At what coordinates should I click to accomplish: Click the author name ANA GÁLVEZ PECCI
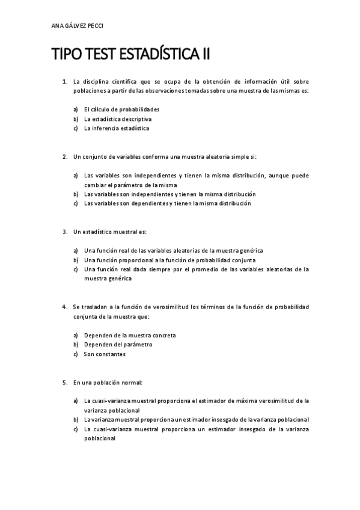[78, 26]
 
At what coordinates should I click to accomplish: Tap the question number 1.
[64, 81]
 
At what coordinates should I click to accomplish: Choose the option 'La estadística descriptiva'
[118, 119]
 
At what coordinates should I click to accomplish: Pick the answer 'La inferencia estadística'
[117, 128]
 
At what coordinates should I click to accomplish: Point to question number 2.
[64, 157]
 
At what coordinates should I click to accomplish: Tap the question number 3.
[64, 232]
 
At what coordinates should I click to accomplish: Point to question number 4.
[64, 307]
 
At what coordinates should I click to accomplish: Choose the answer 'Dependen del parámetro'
[118, 345]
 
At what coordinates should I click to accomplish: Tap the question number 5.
[64, 382]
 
